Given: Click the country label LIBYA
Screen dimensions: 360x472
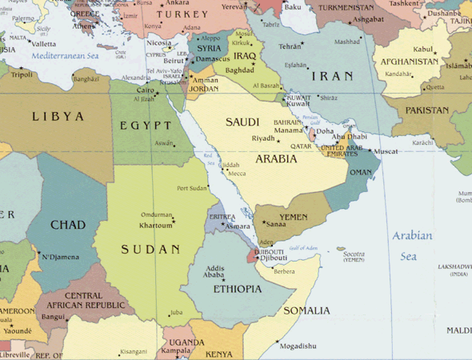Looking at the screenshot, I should (x=58, y=117).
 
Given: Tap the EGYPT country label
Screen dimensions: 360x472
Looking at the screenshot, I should (x=146, y=126).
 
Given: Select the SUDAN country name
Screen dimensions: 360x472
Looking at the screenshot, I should (x=150, y=250).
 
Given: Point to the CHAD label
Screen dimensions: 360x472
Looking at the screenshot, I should (x=68, y=225).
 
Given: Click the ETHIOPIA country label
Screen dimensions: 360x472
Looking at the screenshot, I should (x=238, y=289).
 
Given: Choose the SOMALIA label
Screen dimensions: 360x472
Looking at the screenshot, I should (x=306, y=310).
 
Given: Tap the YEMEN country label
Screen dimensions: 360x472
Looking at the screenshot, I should (x=293, y=217).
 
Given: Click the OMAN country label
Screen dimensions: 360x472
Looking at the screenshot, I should (x=361, y=172).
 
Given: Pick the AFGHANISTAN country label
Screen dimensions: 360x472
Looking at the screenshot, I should (x=409, y=62).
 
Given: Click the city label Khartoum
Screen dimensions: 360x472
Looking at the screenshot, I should (x=156, y=226).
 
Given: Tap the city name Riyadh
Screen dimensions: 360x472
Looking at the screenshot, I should (x=263, y=138).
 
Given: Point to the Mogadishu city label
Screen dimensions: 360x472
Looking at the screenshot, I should (x=298, y=346).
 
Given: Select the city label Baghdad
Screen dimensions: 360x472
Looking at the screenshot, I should (x=239, y=70).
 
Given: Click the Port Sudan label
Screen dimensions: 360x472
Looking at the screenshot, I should (x=192, y=188).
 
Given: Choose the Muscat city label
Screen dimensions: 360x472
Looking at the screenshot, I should (x=386, y=151).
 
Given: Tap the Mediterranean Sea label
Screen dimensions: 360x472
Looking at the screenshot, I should (x=66, y=57).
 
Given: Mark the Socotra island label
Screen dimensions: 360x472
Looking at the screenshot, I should (x=354, y=254).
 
